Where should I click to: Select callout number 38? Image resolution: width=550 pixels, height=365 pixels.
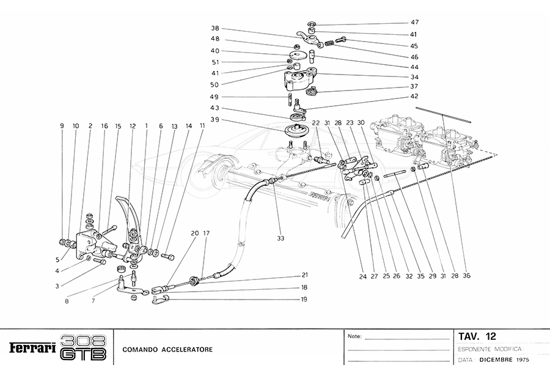tap(215, 28)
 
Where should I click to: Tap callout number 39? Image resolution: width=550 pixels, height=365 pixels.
tap(215, 119)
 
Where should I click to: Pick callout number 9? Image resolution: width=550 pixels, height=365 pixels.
tap(62, 126)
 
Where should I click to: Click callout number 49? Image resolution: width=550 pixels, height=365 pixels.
tap(215, 97)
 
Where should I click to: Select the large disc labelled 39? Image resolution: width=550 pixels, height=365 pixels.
tap(298, 131)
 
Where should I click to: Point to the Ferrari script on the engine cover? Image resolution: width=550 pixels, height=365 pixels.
tap(320, 196)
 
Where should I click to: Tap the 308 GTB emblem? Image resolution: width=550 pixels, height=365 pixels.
tap(84, 347)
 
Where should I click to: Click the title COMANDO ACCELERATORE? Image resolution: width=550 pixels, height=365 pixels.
tap(167, 350)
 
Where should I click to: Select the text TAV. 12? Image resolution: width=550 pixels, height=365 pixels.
tap(477, 336)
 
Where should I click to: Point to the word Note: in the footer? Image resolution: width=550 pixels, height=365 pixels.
tap(354, 336)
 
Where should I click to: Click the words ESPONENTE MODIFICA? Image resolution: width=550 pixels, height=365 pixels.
tap(489, 348)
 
